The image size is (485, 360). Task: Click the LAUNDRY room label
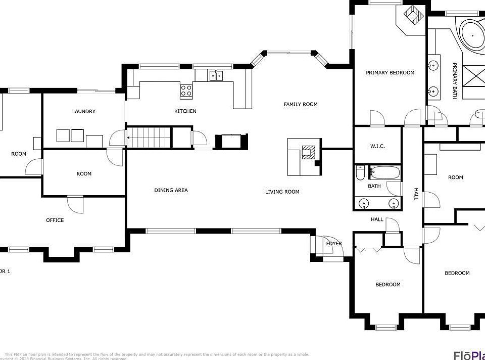(x=83, y=111)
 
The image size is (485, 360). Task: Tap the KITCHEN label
(x=185, y=111)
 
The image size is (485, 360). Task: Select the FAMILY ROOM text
(x=300, y=104)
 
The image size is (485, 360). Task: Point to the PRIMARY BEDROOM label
(x=390, y=72)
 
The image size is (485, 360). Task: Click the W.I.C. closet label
(x=377, y=146)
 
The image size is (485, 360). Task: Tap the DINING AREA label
(x=171, y=190)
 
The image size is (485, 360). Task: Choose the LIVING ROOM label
(x=282, y=192)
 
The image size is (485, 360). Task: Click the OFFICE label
(x=55, y=220)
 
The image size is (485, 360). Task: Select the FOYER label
(x=334, y=243)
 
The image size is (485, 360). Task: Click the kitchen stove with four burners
(x=186, y=91)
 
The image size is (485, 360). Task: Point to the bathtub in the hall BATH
(x=384, y=173)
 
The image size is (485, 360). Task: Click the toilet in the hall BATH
(x=360, y=173)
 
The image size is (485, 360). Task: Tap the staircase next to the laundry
(x=149, y=138)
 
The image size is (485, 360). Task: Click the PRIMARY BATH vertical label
(x=454, y=81)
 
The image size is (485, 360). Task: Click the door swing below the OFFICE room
(x=74, y=205)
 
